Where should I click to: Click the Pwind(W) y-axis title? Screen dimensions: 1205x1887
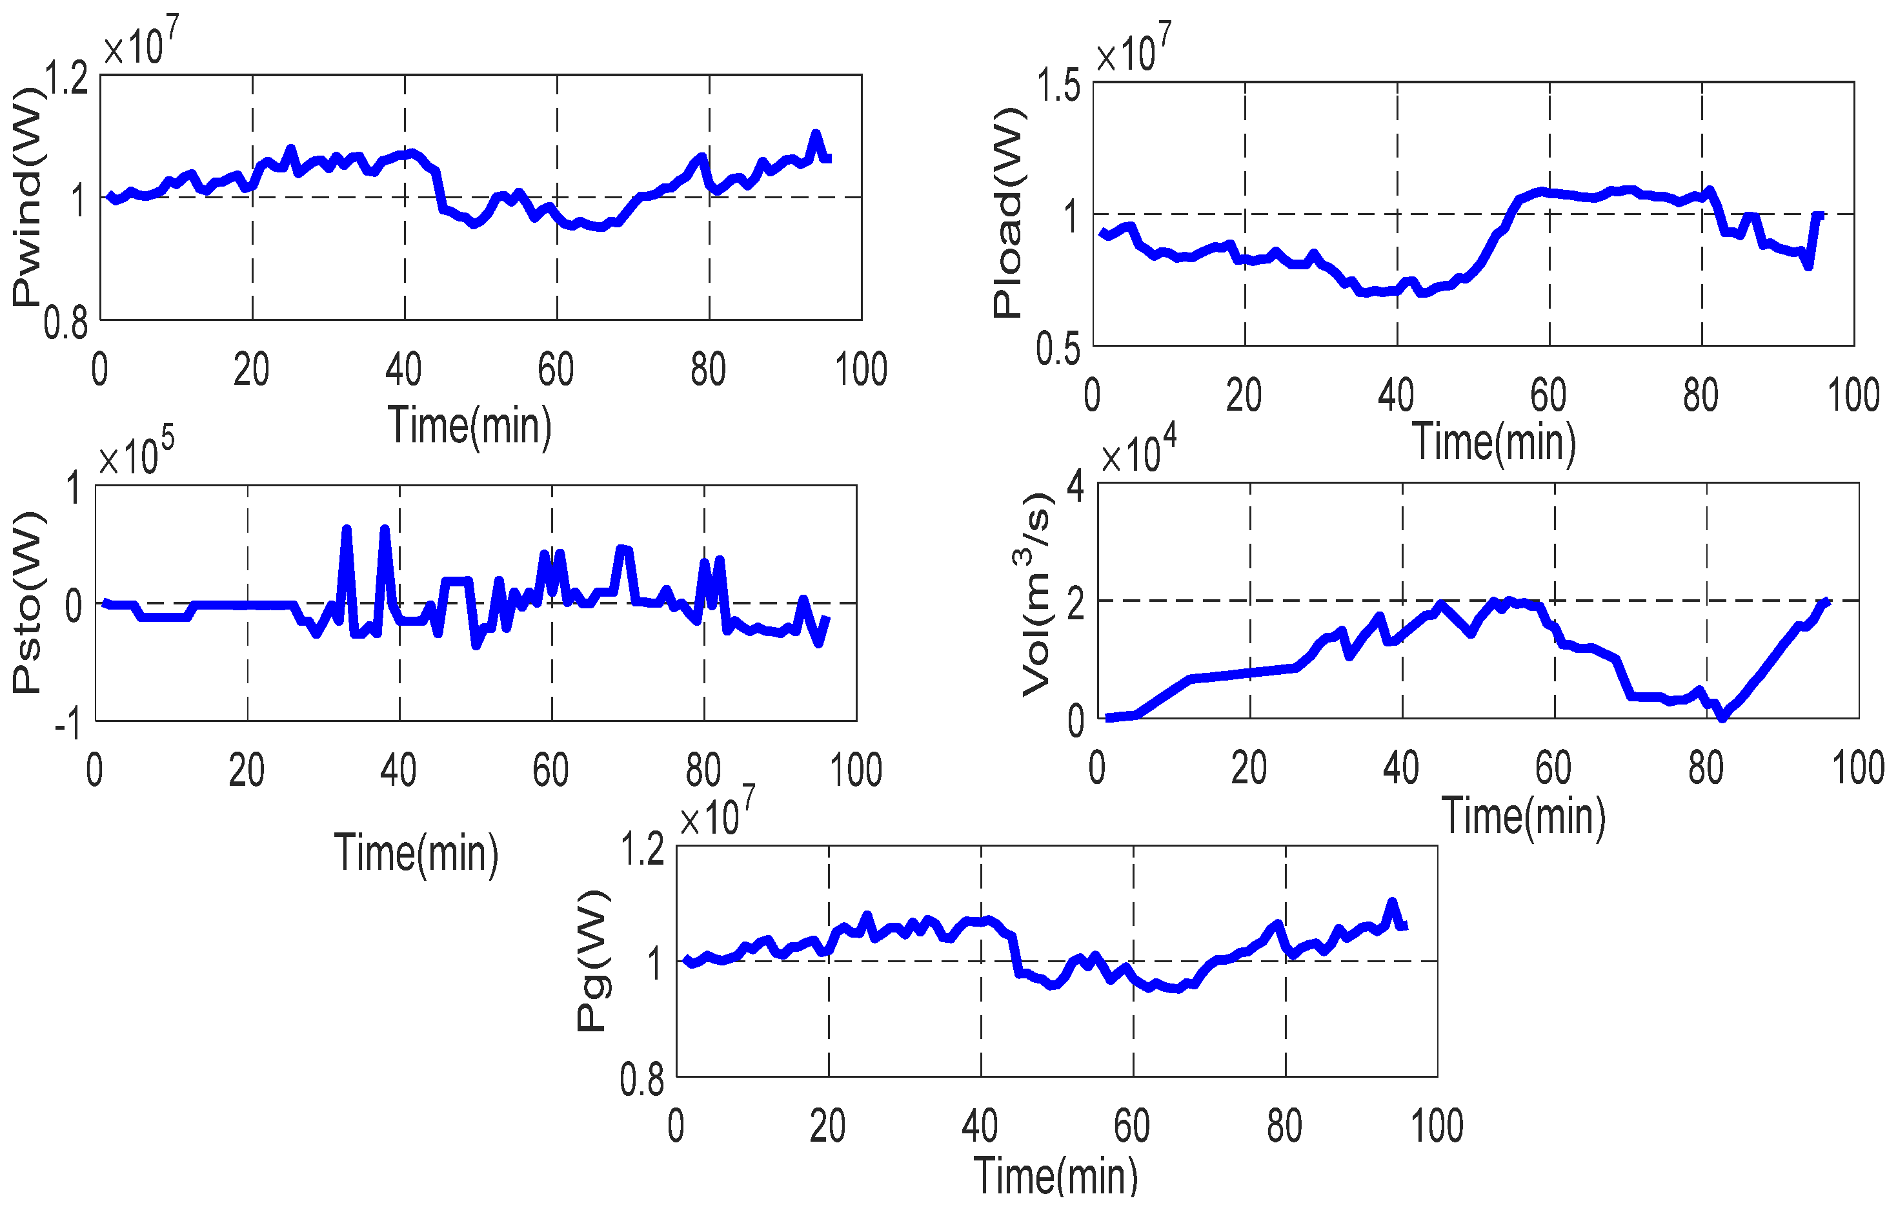pos(26,196)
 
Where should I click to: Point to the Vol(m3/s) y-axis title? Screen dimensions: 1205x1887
pos(1036,596)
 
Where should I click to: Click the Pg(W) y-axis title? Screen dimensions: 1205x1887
pos(592,960)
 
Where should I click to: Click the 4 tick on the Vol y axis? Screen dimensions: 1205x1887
pos(1076,487)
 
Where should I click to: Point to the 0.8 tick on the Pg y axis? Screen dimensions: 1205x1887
pos(641,1080)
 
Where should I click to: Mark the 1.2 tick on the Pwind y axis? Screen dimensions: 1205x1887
pos(66,78)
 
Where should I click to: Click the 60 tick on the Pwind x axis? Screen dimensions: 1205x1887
pos(556,369)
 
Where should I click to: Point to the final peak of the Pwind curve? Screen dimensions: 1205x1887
pos(816,134)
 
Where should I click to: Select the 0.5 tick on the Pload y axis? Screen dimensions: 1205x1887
pos(1058,349)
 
